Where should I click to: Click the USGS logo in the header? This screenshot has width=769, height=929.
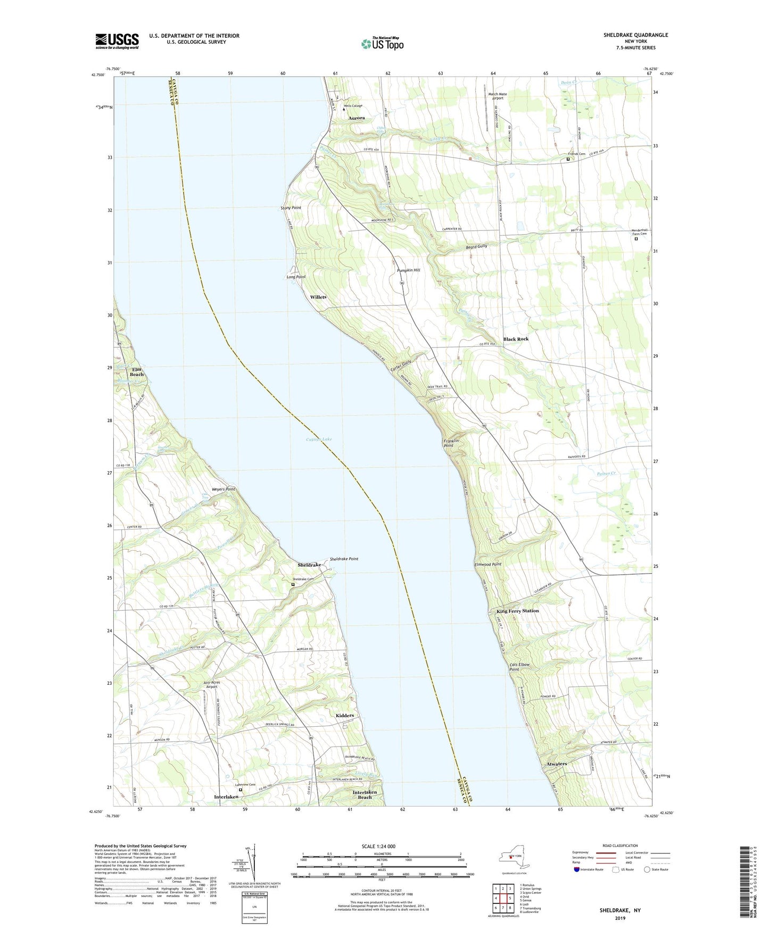117,41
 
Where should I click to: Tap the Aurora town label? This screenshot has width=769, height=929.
357,118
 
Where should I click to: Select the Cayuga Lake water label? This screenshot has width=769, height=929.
319,439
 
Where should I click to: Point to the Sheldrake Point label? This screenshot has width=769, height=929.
344,559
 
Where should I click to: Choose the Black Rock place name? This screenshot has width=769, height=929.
516,339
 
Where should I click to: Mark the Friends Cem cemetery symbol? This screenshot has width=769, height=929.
568,159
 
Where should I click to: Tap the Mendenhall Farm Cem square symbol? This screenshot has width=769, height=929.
636,239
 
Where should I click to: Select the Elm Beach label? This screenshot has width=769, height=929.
137,371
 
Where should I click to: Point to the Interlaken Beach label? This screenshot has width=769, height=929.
365,794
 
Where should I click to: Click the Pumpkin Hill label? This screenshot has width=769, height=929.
409,270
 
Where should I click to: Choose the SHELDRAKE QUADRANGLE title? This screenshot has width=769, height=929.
635,35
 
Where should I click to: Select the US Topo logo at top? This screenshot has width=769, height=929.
382,44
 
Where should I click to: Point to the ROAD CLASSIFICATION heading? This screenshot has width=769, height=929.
620,845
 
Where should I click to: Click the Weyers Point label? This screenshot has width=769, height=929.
223,489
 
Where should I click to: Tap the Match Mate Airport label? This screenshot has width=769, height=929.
498,96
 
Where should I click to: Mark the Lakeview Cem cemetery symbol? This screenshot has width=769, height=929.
240,790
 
